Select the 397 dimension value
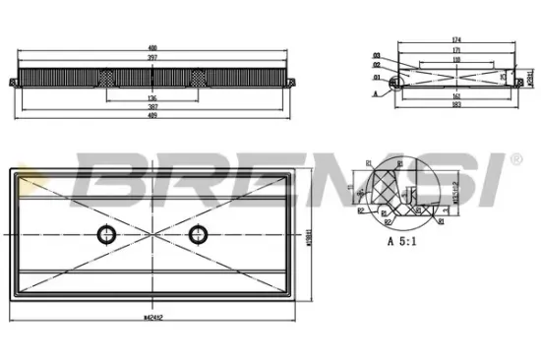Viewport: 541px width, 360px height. tap(152, 58)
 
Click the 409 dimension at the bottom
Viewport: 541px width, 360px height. tap(152, 116)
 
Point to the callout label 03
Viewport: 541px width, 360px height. tap(376, 54)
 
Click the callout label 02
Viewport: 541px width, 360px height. tap(376, 65)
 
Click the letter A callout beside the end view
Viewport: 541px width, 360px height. tap(376, 93)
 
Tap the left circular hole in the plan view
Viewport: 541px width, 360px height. tap(104, 232)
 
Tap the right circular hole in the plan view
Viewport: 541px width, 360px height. tap(200, 232)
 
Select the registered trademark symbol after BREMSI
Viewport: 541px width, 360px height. tap(514, 158)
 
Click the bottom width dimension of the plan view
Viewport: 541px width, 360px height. tap(152, 318)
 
